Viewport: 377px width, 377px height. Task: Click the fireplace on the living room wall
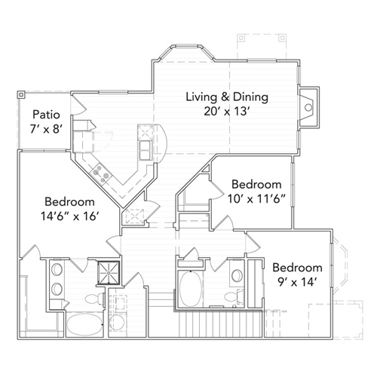308,107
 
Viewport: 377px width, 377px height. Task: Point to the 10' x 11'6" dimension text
256,200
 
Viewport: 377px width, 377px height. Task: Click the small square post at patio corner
20,95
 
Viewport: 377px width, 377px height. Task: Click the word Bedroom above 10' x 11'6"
256,184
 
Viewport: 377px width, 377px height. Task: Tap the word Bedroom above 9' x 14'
297,268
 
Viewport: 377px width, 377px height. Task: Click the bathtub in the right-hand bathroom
190,287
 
